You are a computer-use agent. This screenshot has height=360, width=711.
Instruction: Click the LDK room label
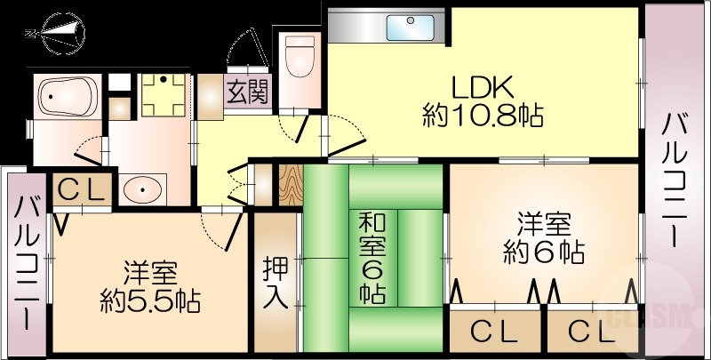(482, 88)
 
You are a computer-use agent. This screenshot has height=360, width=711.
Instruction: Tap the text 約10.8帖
(483, 116)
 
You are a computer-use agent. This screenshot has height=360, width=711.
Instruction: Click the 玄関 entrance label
(246, 92)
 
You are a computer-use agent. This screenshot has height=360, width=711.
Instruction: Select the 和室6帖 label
(371, 257)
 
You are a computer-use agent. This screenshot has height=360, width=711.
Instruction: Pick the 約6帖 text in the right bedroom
(543, 252)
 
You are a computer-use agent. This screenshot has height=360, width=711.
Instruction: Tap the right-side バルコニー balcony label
(674, 181)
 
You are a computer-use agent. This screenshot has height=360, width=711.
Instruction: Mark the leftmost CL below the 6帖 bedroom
(493, 332)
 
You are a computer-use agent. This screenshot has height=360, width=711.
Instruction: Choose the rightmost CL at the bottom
(592, 332)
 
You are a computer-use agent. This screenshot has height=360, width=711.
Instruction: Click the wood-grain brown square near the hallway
(291, 184)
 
